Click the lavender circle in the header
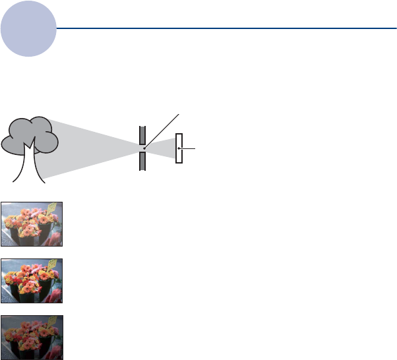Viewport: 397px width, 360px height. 28,30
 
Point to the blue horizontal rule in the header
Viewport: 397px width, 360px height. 224,28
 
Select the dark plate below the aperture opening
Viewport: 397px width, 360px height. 142,161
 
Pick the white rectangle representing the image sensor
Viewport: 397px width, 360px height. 179,148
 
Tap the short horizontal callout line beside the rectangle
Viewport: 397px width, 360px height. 188,148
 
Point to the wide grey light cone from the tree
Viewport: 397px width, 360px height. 92,148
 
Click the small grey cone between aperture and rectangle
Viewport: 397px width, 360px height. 160,148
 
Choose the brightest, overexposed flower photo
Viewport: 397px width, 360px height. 32,224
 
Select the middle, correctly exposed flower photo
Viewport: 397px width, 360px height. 32,281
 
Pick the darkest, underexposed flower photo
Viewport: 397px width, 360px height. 32,337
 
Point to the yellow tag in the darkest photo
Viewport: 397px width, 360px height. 51,322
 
